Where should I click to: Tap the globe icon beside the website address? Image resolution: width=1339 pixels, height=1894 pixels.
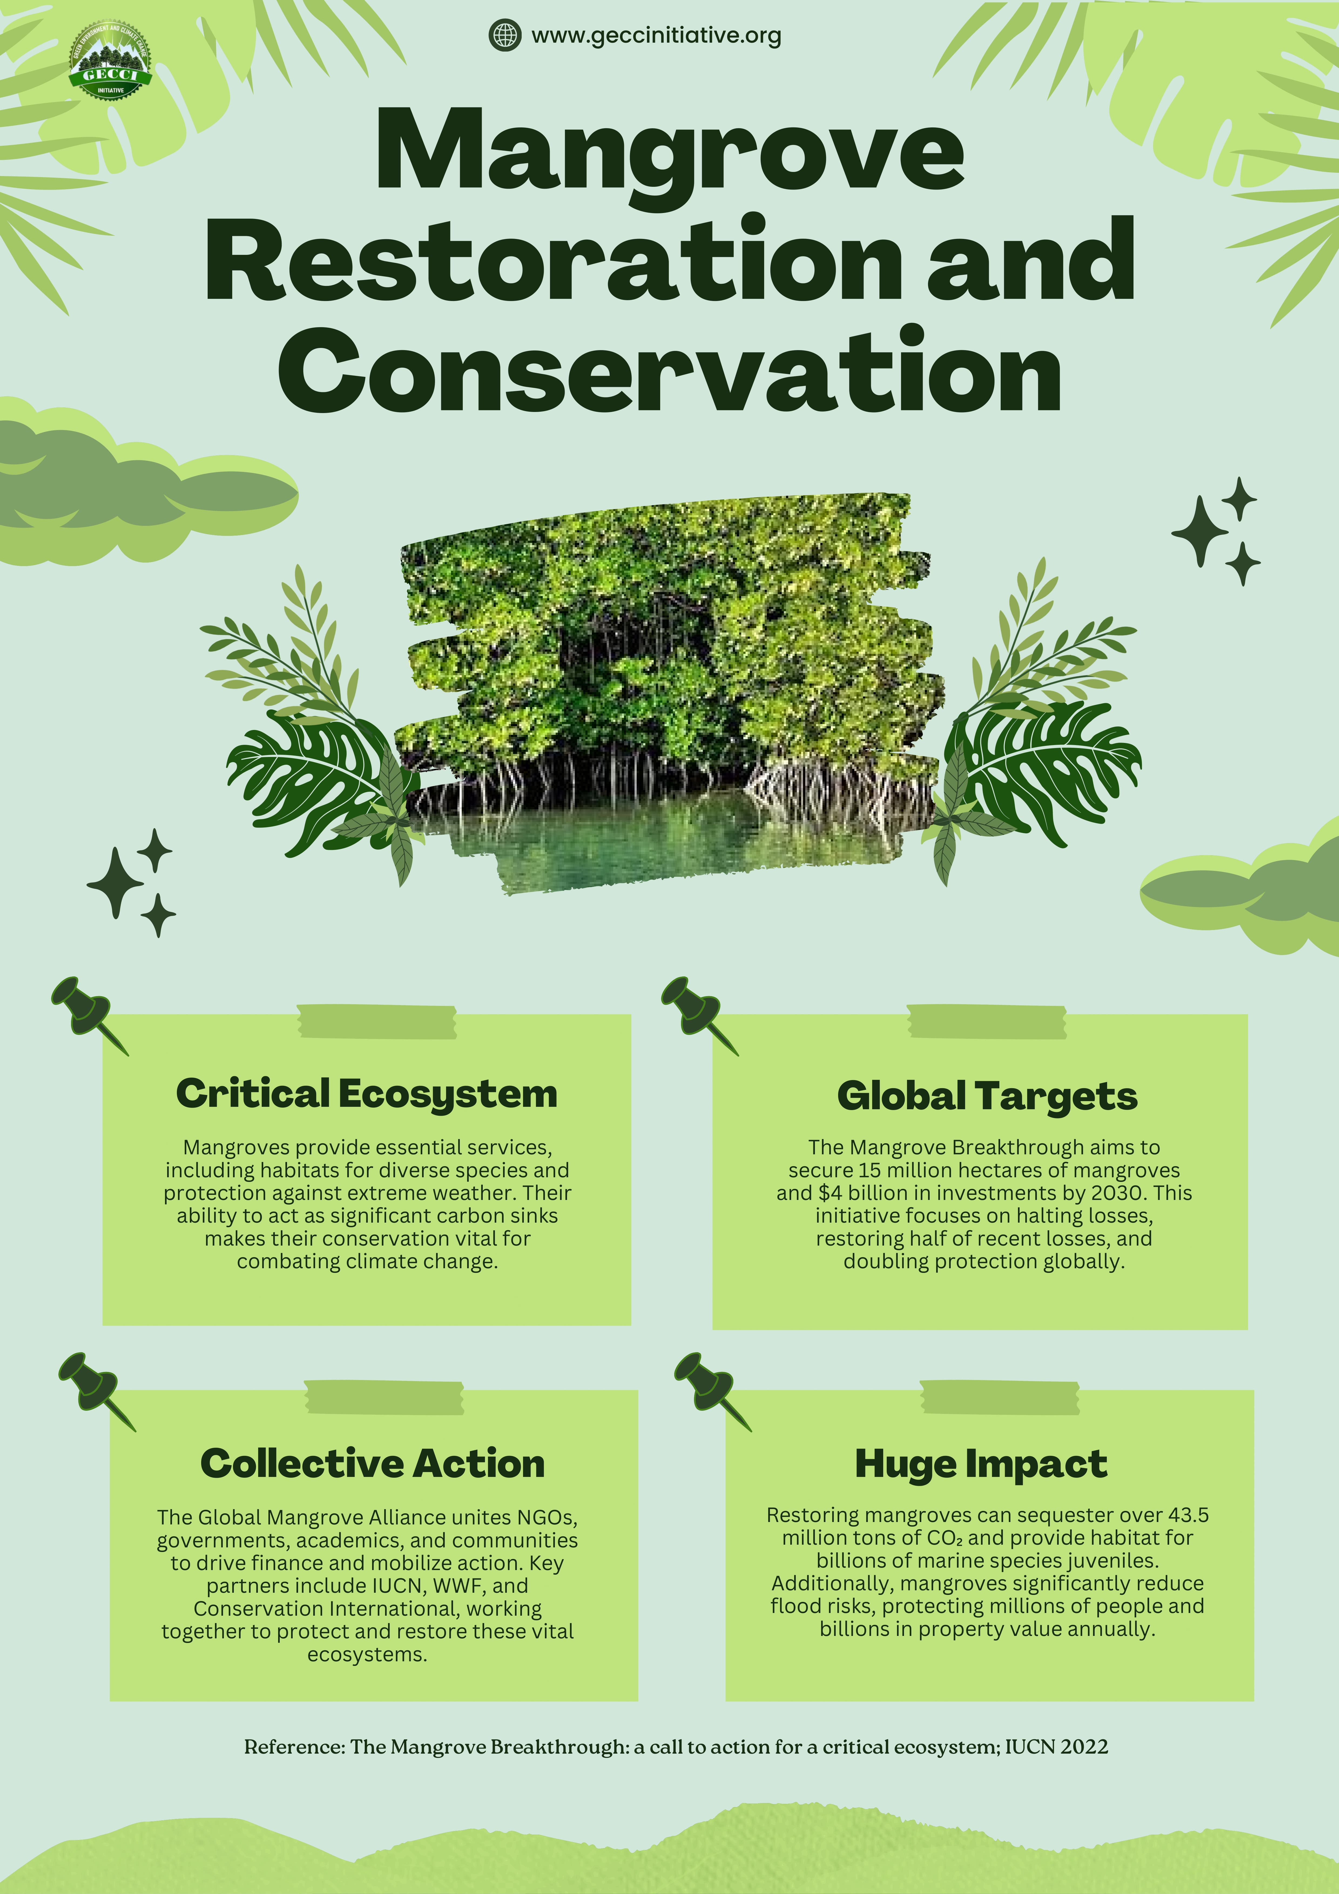click(505, 35)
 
